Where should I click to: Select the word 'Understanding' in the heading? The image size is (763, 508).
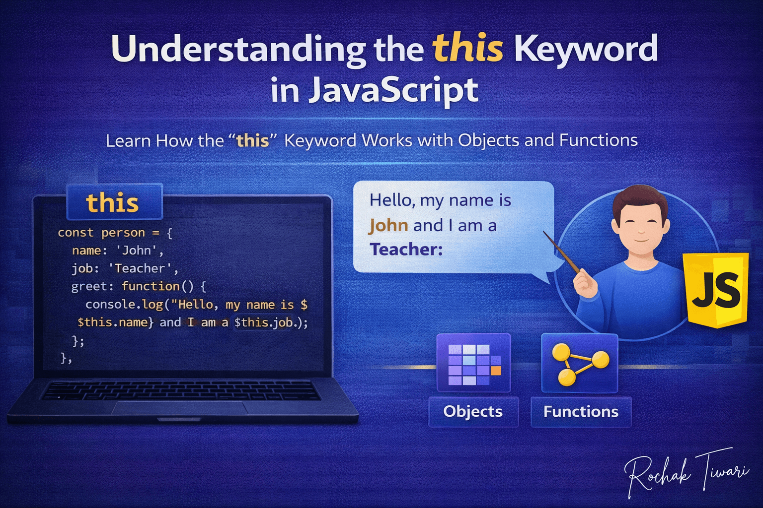238,49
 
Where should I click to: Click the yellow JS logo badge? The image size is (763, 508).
716,290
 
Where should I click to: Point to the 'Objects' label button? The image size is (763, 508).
473,411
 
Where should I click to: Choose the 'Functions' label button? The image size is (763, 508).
581,411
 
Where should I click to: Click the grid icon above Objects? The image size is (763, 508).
473,363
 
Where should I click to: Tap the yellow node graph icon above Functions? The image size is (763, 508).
580,363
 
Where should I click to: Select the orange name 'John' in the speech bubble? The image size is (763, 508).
388,225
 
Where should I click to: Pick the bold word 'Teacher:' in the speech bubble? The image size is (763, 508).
406,249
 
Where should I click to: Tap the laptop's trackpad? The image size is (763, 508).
180,408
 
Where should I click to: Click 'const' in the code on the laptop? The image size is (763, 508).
76,233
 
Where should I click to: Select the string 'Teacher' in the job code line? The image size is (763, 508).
140,268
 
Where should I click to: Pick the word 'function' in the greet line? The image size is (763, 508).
151,286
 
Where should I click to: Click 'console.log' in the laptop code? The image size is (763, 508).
124,305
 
